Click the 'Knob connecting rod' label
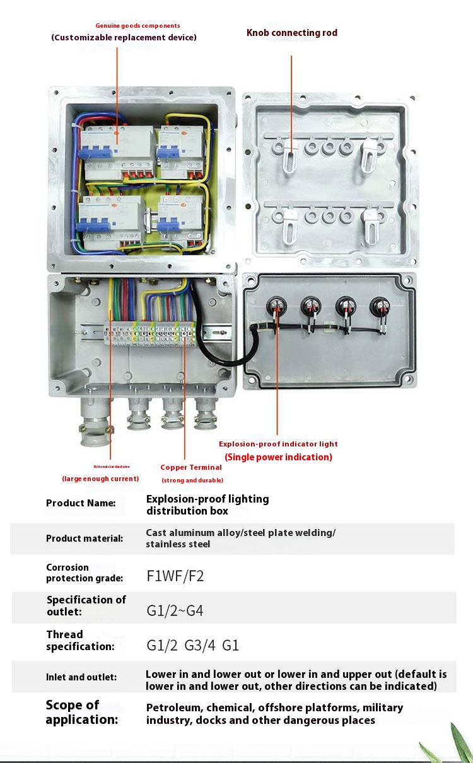[291, 33]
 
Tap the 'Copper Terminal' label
[191, 467]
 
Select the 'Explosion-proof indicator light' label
[278, 444]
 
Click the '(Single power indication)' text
[278, 457]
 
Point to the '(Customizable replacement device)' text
[124, 38]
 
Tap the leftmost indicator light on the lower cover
[276, 306]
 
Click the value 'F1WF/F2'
[175, 576]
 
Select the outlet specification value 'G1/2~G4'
[175, 610]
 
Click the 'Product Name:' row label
[81, 503]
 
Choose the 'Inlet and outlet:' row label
[81, 677]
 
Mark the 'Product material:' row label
[85, 539]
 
